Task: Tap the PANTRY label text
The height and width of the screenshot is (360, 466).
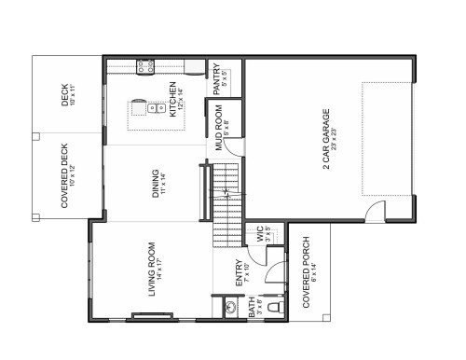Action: coord(216,76)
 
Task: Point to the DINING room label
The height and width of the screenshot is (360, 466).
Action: coord(156,180)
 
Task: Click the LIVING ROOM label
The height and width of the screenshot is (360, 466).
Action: coord(151,270)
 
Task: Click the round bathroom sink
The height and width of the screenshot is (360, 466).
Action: coord(230,305)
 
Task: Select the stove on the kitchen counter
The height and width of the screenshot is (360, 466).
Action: coord(145,67)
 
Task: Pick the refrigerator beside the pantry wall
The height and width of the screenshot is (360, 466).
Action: coord(195,67)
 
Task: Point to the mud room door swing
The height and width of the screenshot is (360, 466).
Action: coord(236,147)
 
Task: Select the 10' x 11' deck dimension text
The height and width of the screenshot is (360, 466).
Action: coord(72,95)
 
